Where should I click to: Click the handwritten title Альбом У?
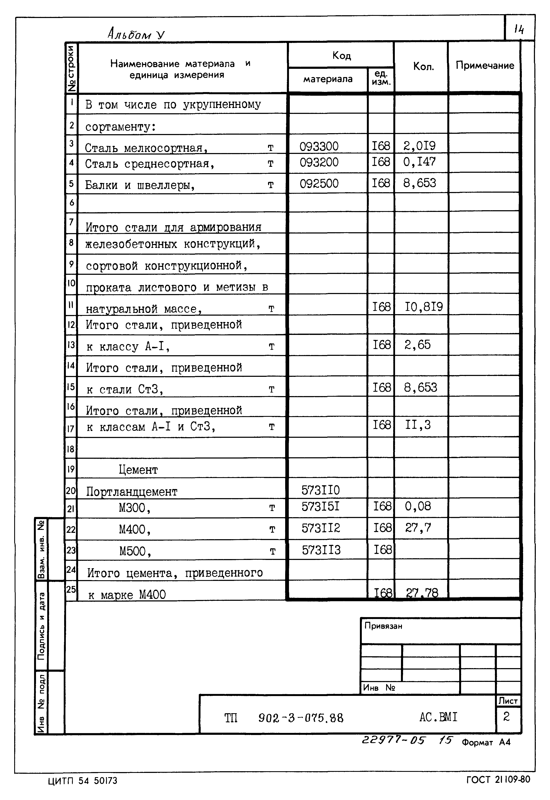pyautogui.click(x=136, y=34)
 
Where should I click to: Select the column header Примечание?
pyautogui.click(x=485, y=65)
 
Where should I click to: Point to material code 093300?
pyautogui.click(x=319, y=146)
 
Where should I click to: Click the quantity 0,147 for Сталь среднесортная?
pyautogui.click(x=419, y=162)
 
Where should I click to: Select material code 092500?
pyautogui.click(x=319, y=183)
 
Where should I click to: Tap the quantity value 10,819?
pyautogui.click(x=424, y=307)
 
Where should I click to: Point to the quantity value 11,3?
pyautogui.click(x=418, y=425)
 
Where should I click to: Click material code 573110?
pyautogui.click(x=321, y=490)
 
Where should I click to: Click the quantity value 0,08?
pyautogui.click(x=418, y=506)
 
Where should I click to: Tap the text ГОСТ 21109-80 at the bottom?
pyautogui.click(x=498, y=779)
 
